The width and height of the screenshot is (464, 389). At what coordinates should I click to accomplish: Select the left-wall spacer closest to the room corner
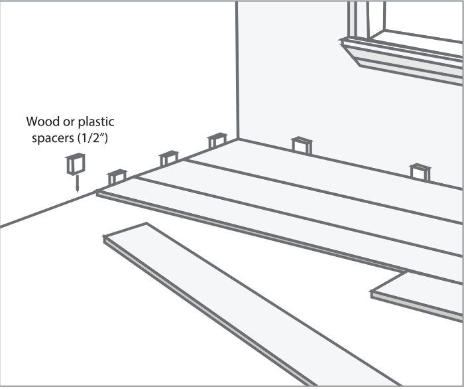[217, 141]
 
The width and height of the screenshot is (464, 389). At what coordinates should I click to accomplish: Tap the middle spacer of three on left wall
[168, 159]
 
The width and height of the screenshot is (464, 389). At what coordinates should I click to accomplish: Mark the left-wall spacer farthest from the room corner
[117, 177]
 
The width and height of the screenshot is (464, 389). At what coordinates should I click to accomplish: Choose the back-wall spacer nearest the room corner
[302, 144]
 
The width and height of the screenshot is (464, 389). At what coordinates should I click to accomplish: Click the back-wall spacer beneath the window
[420, 172]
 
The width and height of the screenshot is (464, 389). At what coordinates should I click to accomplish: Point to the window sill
[398, 56]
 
